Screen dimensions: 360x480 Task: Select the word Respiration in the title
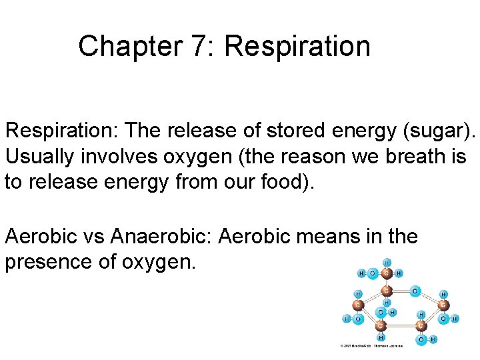click(297, 47)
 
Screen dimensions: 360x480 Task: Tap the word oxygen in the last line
click(158, 262)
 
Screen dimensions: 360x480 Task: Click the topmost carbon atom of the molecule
click(387, 273)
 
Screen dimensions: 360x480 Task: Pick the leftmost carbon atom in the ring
click(358, 305)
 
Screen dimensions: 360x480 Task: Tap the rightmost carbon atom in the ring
click(444, 305)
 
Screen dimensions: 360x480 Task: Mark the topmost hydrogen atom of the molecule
click(387, 262)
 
